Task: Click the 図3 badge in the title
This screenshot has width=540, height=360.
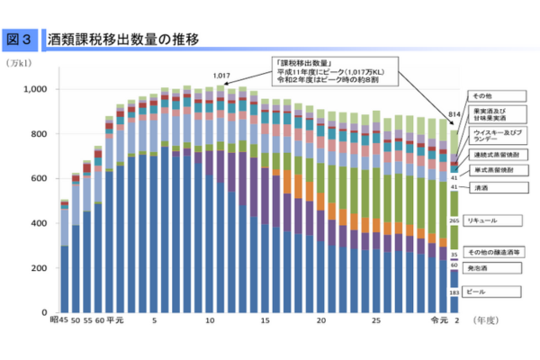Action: coord(20,40)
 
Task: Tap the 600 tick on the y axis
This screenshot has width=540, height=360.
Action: coord(41,179)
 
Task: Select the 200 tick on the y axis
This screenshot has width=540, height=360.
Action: coord(41,268)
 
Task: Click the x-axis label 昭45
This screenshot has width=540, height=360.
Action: coord(59,320)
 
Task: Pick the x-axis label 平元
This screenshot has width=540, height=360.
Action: coord(115,320)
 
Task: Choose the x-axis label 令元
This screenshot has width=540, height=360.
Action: coord(438,320)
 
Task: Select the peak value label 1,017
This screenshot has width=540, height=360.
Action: coord(223,76)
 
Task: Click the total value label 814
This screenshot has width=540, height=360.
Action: coord(454,115)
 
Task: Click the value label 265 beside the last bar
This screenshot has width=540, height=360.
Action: coord(454,220)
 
